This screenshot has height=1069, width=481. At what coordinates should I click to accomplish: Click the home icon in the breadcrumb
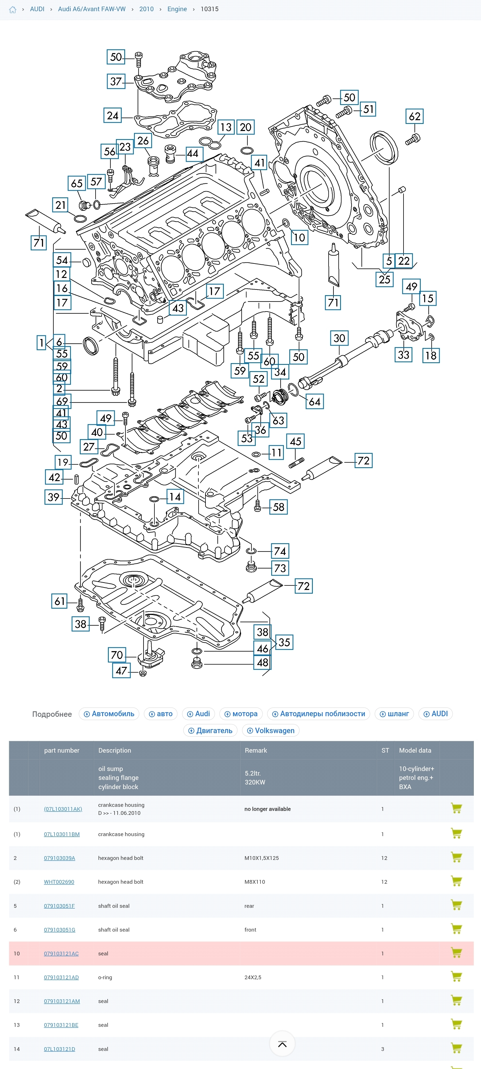[x=13, y=9]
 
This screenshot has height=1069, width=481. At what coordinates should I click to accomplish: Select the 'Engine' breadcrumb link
[x=177, y=9]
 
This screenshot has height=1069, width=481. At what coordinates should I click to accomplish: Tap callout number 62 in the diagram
[x=414, y=116]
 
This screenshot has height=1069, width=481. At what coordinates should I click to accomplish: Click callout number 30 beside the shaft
[x=339, y=338]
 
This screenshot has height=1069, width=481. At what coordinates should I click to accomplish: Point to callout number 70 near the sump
[x=117, y=655]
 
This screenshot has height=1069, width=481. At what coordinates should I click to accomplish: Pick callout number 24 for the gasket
[x=113, y=115]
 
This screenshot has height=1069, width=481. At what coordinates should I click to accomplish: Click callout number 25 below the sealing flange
[x=384, y=279]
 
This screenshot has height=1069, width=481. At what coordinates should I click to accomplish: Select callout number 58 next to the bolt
[x=278, y=507]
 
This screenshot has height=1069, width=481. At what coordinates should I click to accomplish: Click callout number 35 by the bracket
[x=284, y=642]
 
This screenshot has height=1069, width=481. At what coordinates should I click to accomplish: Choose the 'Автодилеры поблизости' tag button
[x=319, y=714]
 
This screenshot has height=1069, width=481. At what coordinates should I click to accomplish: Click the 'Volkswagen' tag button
[x=270, y=730]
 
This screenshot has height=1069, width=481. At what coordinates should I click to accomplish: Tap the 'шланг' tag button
[x=394, y=714]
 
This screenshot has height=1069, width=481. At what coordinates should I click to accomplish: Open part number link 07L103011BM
[x=62, y=834]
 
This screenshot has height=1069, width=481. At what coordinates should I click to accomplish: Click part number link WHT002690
[x=59, y=882]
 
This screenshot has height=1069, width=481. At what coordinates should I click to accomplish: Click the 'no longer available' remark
[x=267, y=809]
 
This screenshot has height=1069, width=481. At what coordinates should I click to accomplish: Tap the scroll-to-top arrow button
[x=282, y=1044]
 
